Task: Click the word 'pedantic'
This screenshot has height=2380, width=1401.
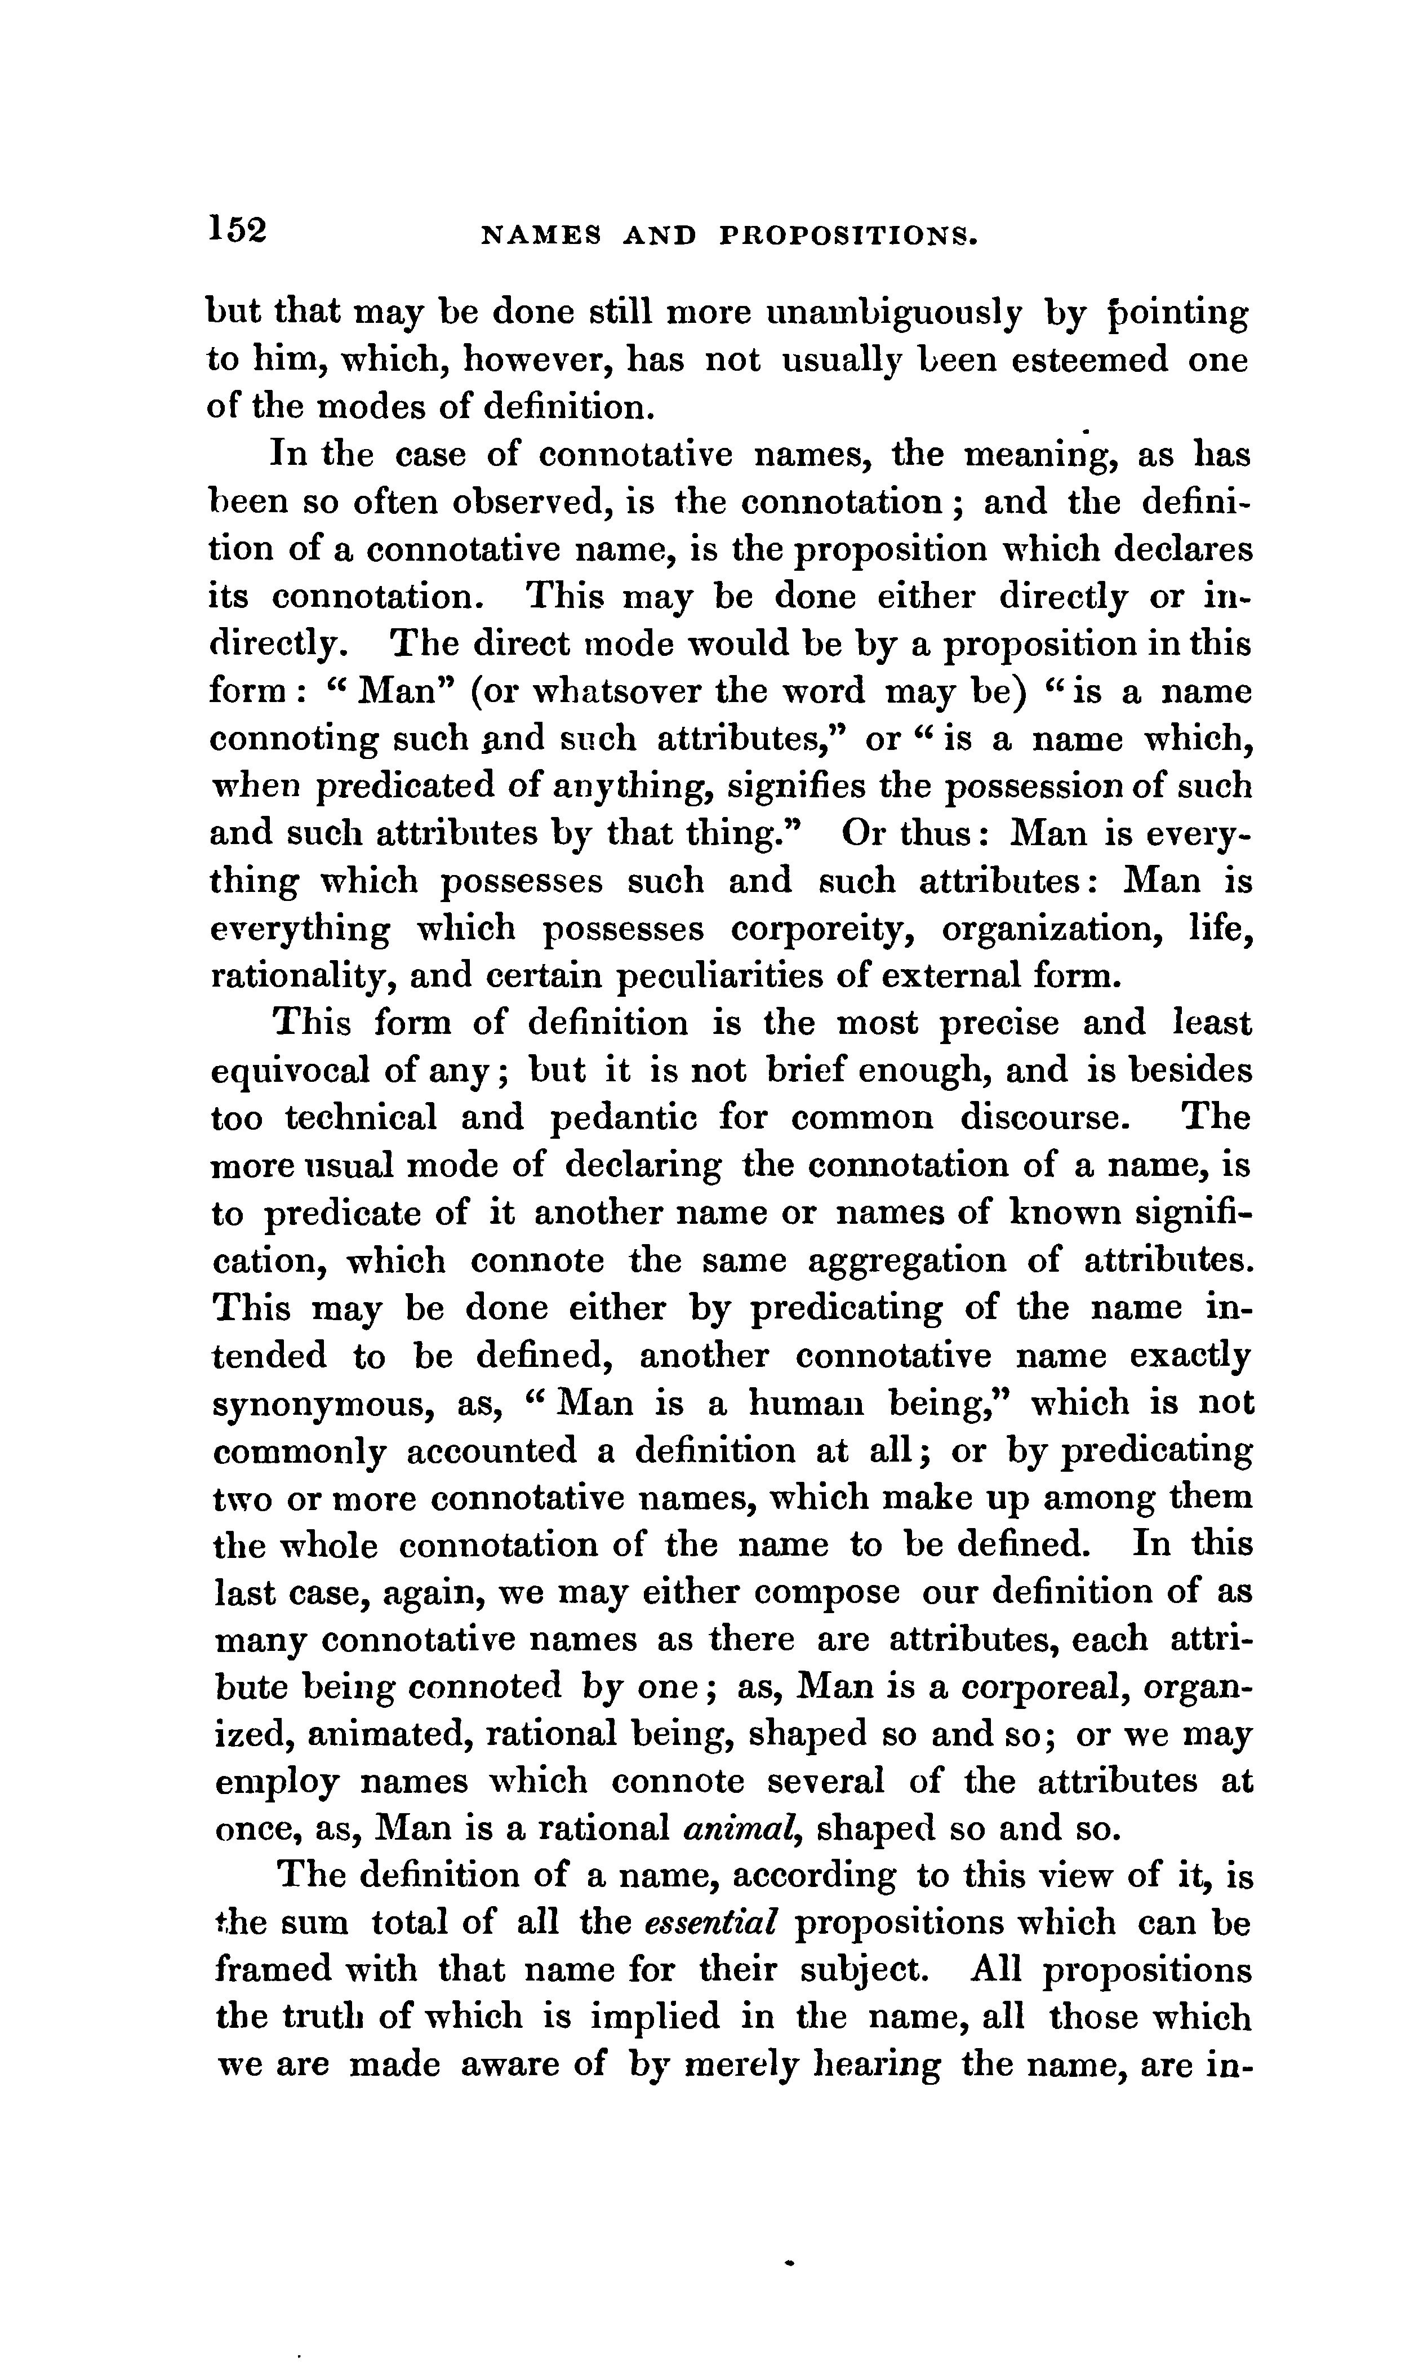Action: pyautogui.click(x=624, y=1119)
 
